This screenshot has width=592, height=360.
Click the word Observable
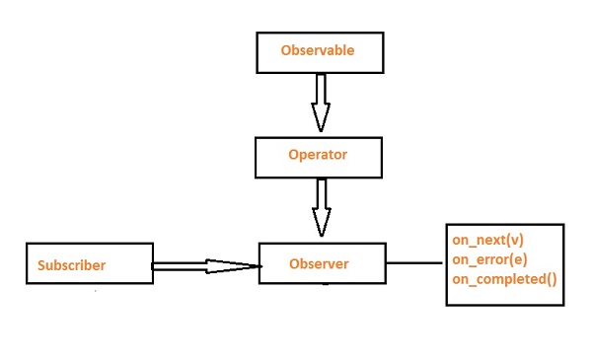pyautogui.click(x=317, y=49)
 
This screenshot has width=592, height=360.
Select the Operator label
pyautogui.click(x=318, y=155)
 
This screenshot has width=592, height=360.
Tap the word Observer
pyautogui.click(x=319, y=263)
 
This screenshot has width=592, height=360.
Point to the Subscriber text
pyautogui.click(x=71, y=265)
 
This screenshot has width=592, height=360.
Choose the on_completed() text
pyautogui.click(x=504, y=279)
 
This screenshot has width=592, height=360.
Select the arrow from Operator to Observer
pyautogui.click(x=320, y=204)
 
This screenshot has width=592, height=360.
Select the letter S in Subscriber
pyautogui.click(x=42, y=265)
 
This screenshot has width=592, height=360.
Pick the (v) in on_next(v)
pyautogui.click(x=514, y=242)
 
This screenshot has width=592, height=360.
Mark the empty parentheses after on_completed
pyautogui.click(x=551, y=279)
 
